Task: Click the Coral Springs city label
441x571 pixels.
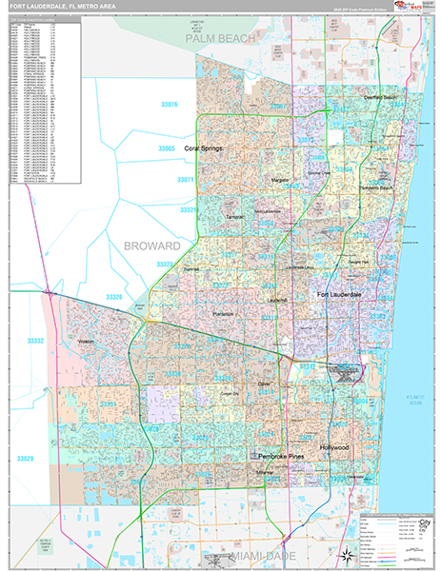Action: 205,148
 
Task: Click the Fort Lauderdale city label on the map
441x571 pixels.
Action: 338,296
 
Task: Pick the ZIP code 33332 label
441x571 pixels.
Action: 36,340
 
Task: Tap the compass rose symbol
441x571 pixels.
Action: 341,553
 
